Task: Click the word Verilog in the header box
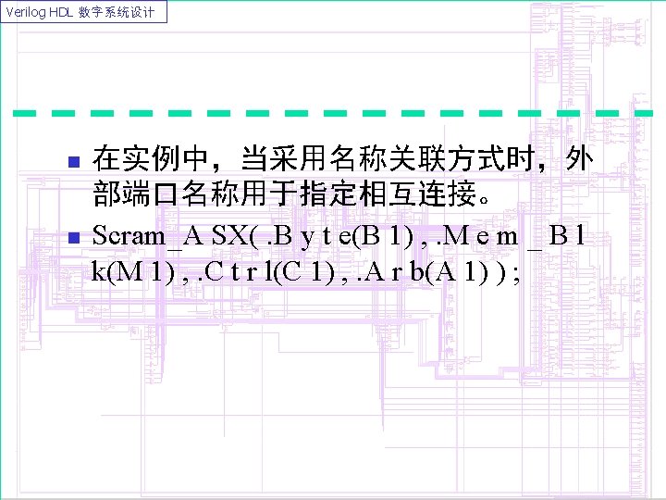(x=23, y=12)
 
